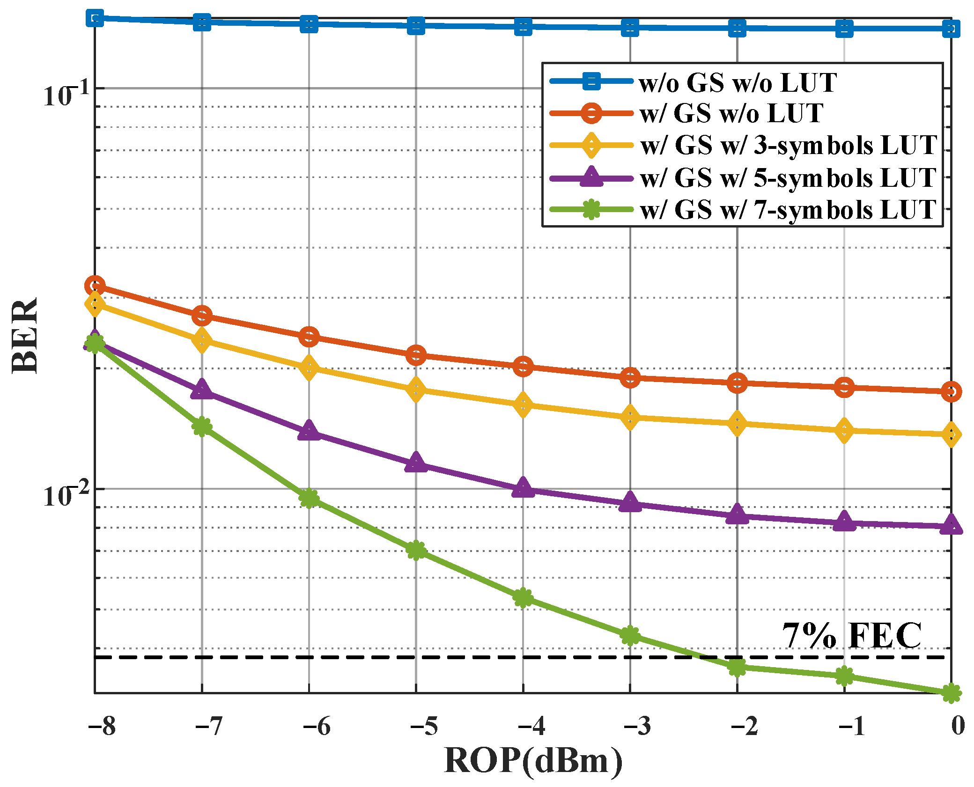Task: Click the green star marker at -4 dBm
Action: coord(523,598)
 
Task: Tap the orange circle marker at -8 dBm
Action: coord(95,286)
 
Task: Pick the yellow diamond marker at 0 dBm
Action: coord(951,434)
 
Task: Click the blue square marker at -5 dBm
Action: coord(416,25)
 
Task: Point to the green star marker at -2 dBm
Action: coord(737,667)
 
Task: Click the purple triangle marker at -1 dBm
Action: coord(844,522)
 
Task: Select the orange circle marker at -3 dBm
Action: coord(630,377)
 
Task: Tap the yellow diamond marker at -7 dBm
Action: coord(202,339)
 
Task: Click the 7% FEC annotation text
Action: coord(851,636)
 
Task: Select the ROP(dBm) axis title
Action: coord(533,761)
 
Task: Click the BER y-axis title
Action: coord(24,335)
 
